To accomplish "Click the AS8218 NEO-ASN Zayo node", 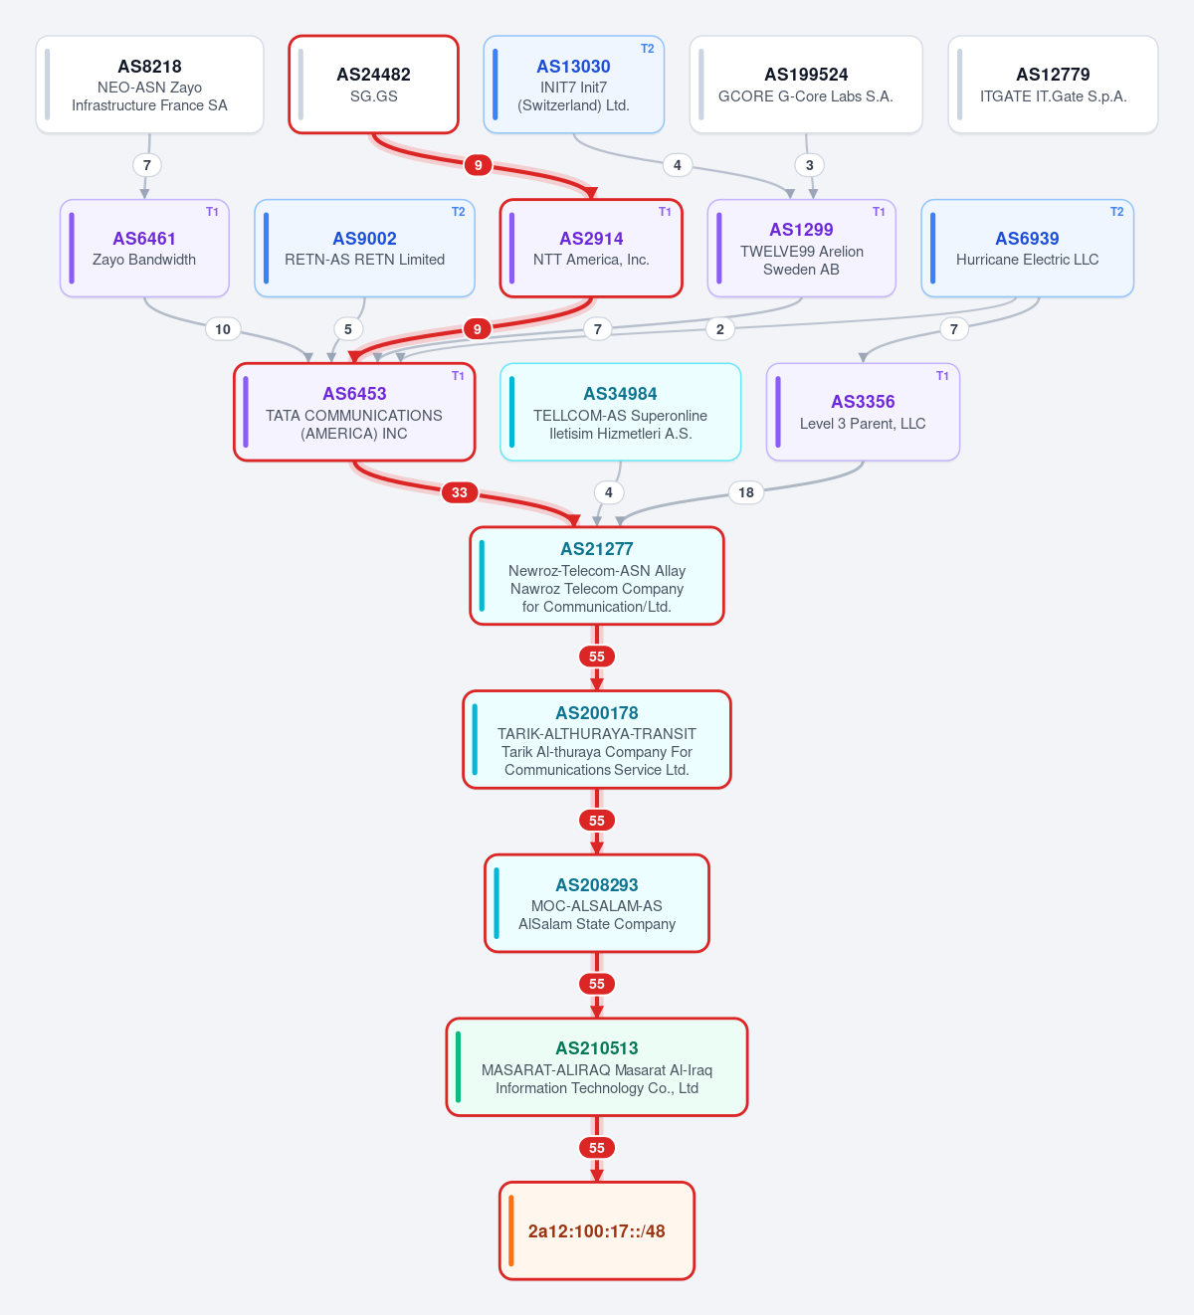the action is [x=149, y=85].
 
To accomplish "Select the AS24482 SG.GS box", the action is [x=373, y=85].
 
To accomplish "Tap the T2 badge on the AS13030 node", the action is [x=647, y=49].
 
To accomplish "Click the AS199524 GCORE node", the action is [x=806, y=85].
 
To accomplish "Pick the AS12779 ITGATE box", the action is [x=1053, y=85].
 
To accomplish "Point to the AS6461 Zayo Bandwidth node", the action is [x=144, y=249].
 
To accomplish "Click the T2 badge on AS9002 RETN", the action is [x=458, y=212].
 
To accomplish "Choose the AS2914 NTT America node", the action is [x=591, y=249].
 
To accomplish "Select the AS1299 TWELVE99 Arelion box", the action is [x=801, y=249].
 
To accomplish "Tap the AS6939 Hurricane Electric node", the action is [x=1028, y=249].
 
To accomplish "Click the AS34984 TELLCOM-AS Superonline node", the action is [x=621, y=413].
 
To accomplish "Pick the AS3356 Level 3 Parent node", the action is [x=863, y=413].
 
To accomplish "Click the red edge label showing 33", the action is [x=460, y=492].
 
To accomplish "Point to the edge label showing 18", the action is [x=746, y=492].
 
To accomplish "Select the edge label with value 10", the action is [x=223, y=329].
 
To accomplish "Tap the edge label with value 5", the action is [x=347, y=329].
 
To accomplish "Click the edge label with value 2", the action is [x=719, y=329].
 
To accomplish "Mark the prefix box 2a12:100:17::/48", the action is [x=597, y=1231].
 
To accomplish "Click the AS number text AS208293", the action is [x=597, y=885].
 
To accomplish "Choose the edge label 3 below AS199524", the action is [x=810, y=165].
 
